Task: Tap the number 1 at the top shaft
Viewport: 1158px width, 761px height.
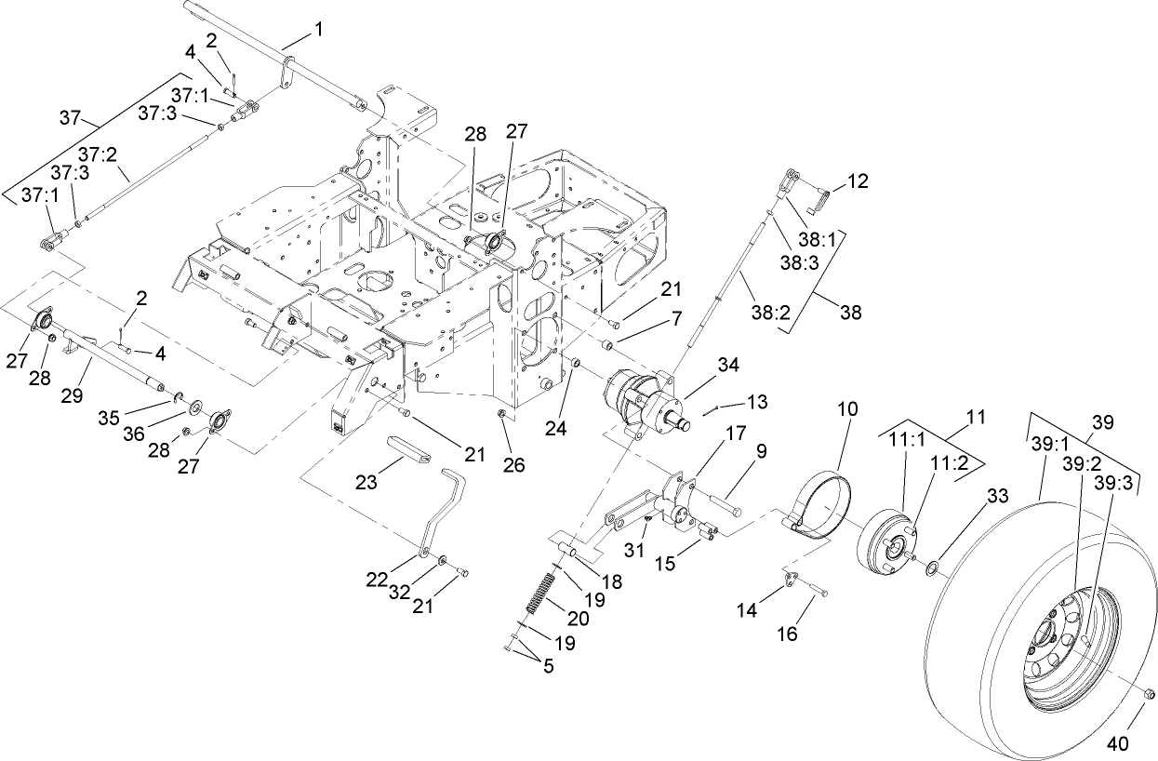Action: pyautogui.click(x=319, y=29)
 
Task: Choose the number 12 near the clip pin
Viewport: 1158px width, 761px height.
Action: pyautogui.click(x=857, y=182)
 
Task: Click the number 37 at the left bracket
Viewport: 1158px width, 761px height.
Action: pyautogui.click(x=71, y=117)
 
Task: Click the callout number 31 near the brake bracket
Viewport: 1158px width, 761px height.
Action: pyautogui.click(x=633, y=550)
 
